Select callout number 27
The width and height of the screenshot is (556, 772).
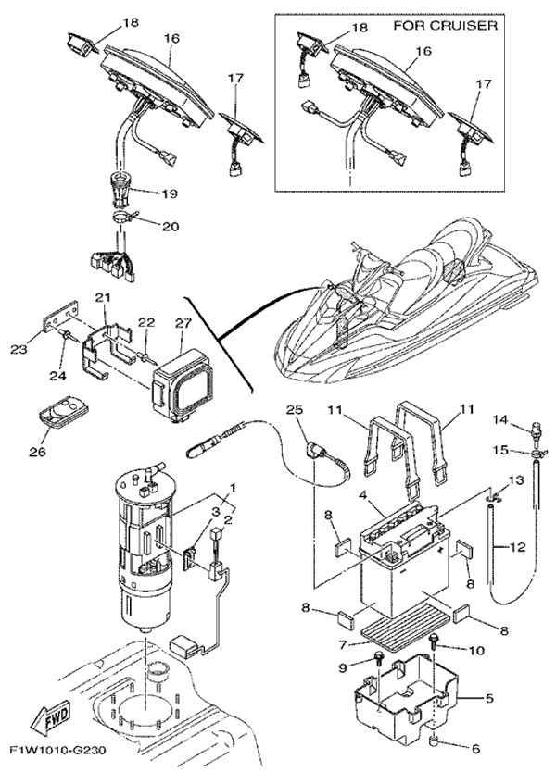pyautogui.click(x=182, y=324)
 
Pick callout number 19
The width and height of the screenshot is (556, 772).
pyautogui.click(x=170, y=195)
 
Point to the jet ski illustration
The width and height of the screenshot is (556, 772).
pyautogui.click(x=408, y=305)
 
